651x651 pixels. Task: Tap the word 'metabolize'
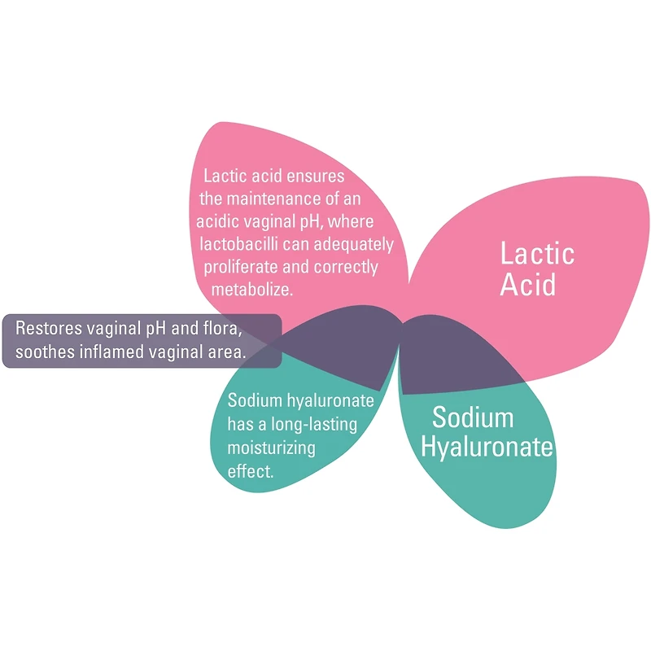tap(251, 289)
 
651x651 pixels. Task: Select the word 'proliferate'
tap(242, 266)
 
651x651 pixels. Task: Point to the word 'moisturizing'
tap(272, 448)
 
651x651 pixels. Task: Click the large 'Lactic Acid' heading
tap(537, 269)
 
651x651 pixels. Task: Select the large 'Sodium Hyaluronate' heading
tap(492, 432)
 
